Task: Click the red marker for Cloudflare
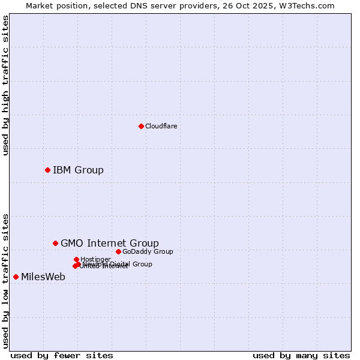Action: click(141, 126)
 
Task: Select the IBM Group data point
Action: click(47, 170)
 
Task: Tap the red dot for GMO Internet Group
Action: click(55, 243)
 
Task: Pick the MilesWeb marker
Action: click(16, 277)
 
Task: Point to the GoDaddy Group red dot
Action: click(118, 251)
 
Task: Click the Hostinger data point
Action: click(76, 259)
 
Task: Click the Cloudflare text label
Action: click(161, 126)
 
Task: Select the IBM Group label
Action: click(78, 170)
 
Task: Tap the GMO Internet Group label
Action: click(110, 243)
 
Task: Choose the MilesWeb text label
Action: click(43, 277)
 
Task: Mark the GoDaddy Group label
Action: click(148, 251)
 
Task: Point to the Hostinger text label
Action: click(95, 259)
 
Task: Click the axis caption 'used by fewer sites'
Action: click(62, 355)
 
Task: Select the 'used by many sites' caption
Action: click(301, 355)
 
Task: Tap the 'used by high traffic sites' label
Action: click(5, 85)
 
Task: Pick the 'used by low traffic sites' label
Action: click(5, 280)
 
